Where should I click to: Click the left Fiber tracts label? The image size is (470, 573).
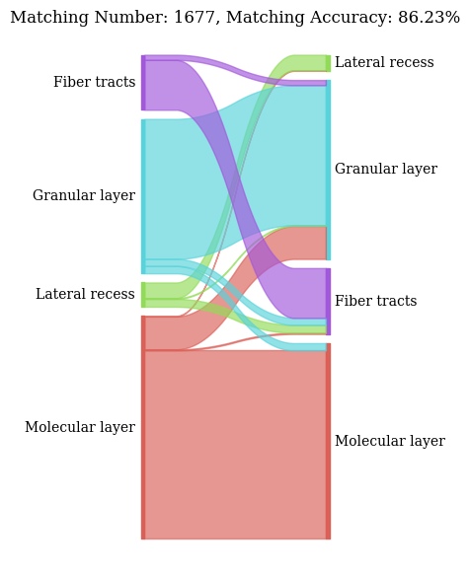click(x=94, y=83)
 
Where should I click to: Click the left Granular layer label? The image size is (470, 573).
click(x=84, y=196)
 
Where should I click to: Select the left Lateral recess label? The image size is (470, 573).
click(x=85, y=295)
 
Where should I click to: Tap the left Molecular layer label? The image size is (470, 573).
click(x=80, y=428)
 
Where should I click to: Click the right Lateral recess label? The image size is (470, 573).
click(x=384, y=63)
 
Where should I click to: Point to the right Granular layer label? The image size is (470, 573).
click(x=385, y=170)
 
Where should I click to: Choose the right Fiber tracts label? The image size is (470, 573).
click(x=375, y=302)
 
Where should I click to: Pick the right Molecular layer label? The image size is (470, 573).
click(x=389, y=442)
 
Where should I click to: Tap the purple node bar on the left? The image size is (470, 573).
click(x=143, y=83)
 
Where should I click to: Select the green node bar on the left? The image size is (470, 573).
click(x=143, y=295)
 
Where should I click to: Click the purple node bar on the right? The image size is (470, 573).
click(x=328, y=301)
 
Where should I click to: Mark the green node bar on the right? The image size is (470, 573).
click(x=328, y=63)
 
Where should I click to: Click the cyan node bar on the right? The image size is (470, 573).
click(x=328, y=170)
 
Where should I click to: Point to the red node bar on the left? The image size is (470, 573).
click(x=143, y=427)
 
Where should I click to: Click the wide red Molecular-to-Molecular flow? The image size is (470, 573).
click(x=235, y=444)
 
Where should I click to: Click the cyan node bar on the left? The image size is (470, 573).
click(x=143, y=196)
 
